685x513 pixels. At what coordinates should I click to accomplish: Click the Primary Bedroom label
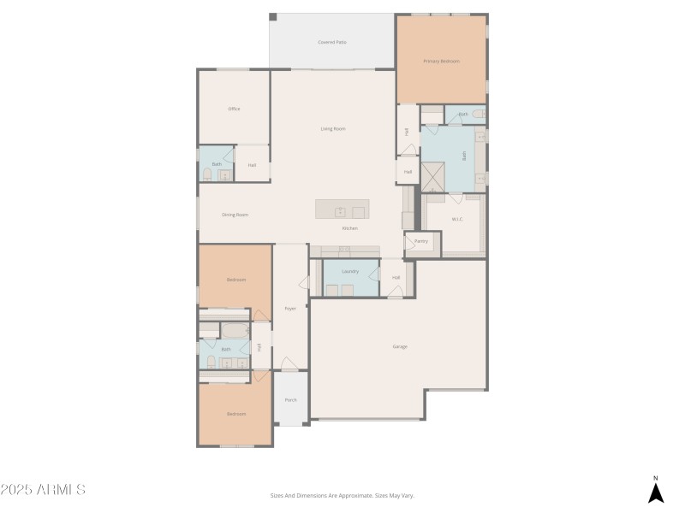(442, 62)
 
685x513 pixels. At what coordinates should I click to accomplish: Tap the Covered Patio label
(332, 42)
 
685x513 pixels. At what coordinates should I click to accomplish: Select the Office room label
(234, 109)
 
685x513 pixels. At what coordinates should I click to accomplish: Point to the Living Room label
(333, 129)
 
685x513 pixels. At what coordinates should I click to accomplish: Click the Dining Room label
(235, 215)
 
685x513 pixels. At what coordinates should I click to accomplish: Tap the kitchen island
(342, 210)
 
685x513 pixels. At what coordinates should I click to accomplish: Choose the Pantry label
(420, 242)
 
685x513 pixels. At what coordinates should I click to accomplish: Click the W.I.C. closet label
(457, 220)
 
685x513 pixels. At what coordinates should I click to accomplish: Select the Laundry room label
(349, 272)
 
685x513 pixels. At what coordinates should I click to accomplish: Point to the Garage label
(400, 346)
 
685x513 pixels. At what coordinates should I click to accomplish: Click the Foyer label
(290, 309)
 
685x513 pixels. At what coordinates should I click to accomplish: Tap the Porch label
(290, 399)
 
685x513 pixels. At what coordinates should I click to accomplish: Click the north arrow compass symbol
(656, 491)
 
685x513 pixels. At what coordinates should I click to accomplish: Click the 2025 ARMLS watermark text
(43, 490)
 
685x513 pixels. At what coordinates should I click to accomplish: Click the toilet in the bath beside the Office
(207, 174)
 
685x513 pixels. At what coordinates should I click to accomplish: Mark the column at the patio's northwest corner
(272, 17)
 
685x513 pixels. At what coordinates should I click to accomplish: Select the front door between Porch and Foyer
(290, 371)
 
